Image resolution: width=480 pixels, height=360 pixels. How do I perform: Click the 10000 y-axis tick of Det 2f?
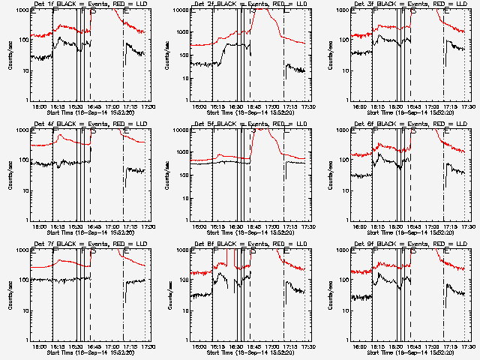[180, 10]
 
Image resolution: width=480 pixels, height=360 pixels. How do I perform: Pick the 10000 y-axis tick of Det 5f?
[180, 130]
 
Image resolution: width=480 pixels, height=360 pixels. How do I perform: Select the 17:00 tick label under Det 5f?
[272, 227]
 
